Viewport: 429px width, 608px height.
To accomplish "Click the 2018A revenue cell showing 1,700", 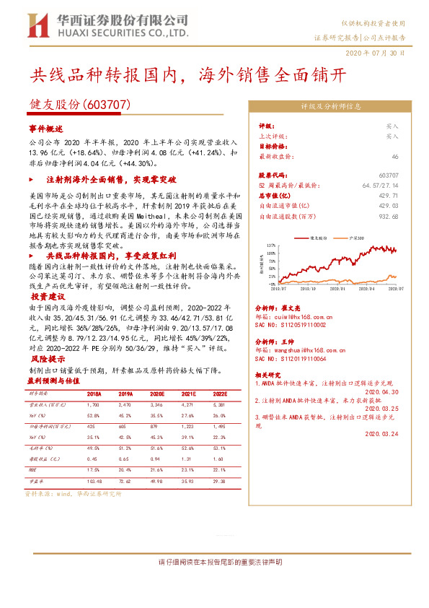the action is pos(94,406).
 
